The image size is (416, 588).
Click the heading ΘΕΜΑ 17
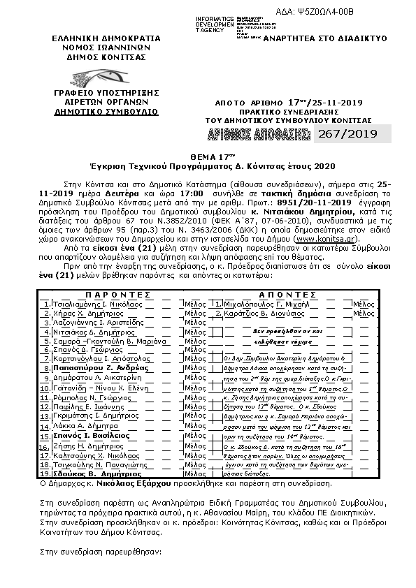click(208, 159)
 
